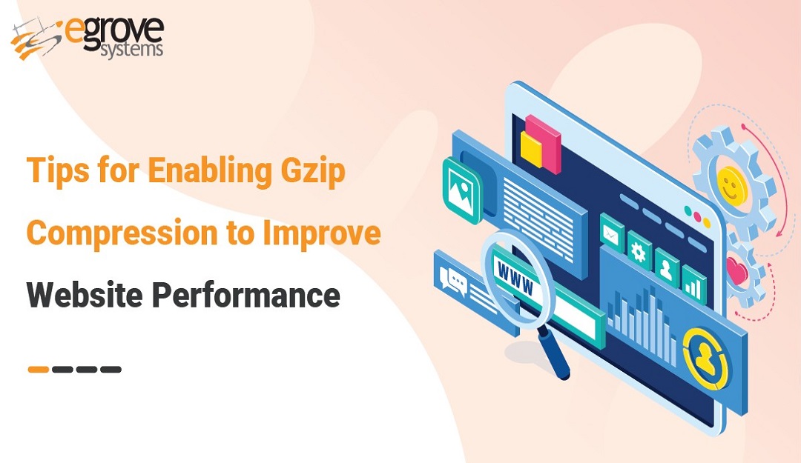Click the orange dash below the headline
coord(39,369)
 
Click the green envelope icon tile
coord(611,233)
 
